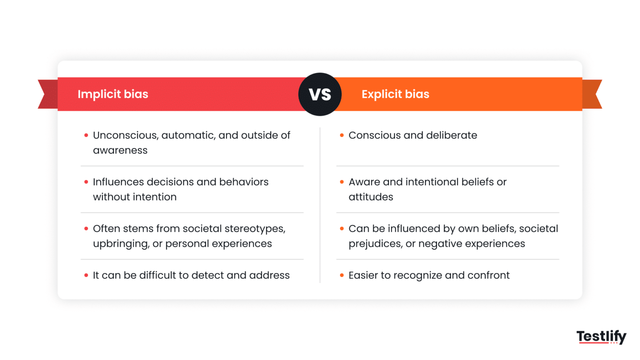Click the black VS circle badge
pos(320,94)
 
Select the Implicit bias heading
pos(113,94)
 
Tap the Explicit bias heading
pos(395,94)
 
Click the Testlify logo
pos(601,336)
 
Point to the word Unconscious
pos(125,135)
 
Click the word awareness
pos(120,150)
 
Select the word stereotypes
pos(255,229)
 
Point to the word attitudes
pos(371,197)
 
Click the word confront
pos(488,275)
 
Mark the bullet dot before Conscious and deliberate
pos(342,135)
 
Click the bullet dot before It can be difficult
pos(86,275)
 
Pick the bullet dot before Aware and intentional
pos(342,182)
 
